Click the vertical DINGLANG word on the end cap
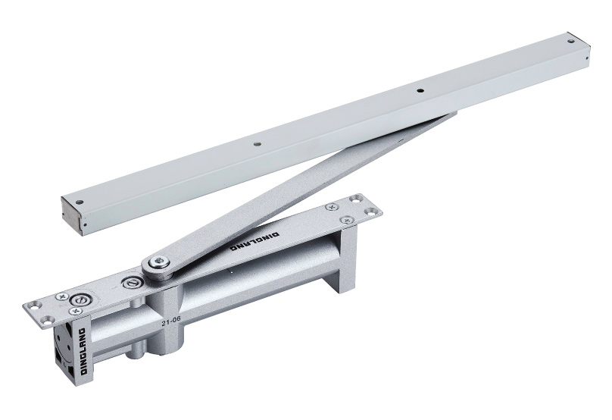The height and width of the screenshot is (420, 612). coord(83,351)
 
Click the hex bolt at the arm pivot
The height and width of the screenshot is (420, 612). coord(159,262)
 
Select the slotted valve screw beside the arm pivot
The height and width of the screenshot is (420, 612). coord(130,283)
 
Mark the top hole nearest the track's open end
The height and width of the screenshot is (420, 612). coord(80,202)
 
